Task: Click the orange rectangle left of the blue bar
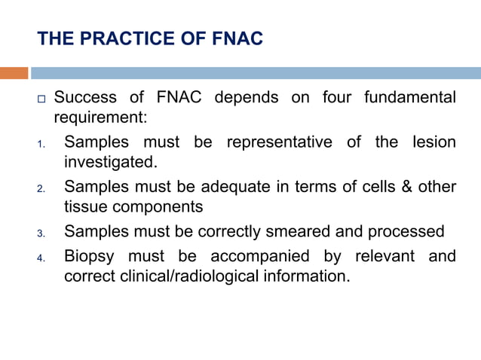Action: [14, 73]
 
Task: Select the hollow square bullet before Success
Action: [42, 99]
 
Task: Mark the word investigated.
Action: [112, 161]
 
